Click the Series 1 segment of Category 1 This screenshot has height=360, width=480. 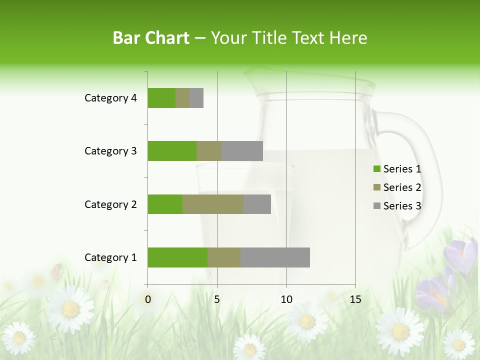coord(177,257)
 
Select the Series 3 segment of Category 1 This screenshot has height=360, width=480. coord(275,257)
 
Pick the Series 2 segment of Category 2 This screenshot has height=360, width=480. coord(213,204)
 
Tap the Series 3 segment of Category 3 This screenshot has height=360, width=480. coord(242,151)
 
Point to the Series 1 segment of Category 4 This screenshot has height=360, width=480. coord(161,98)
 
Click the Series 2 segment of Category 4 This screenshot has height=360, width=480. coord(182,98)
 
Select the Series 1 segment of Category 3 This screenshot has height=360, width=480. coord(172,151)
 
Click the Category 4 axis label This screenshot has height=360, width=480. coord(110,98)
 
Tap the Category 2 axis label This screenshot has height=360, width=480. coord(110,204)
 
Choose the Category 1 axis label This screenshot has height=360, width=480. coord(110,257)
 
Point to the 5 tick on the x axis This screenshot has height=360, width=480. coord(217,299)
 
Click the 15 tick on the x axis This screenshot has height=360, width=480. coord(355,299)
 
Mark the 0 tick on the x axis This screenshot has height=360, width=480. coord(148,299)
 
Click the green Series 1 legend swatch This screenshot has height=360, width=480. coord(376,169)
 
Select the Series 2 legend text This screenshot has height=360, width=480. coord(402,187)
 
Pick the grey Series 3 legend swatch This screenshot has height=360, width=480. coord(376,206)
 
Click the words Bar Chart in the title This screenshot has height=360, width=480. coord(150,37)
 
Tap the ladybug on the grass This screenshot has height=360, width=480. coord(56,271)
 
